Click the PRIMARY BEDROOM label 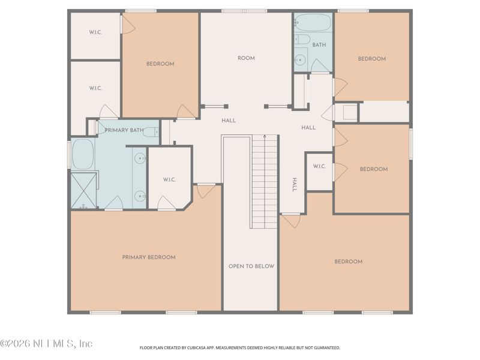point(149,257)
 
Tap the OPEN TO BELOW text point(251,266)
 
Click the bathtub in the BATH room point(313,22)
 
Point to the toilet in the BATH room point(302,40)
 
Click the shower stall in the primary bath point(83,190)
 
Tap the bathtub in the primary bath point(82,154)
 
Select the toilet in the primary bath point(152,131)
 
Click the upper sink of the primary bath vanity point(140,159)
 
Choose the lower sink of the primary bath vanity point(140,196)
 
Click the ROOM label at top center point(246,58)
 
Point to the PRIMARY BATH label point(124,130)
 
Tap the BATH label point(319,45)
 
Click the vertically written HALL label point(295,184)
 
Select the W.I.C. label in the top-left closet point(95,32)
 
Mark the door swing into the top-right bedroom point(339,87)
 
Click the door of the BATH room point(320,67)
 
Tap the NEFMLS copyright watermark point(46,344)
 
